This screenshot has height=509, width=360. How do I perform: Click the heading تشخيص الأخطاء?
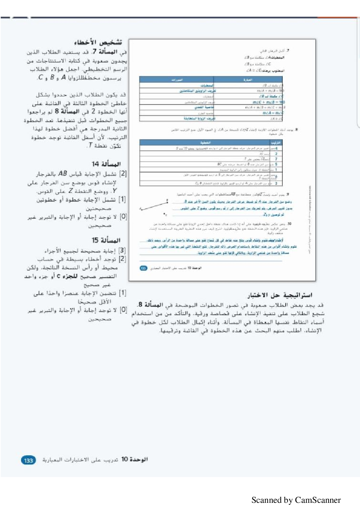(98, 42)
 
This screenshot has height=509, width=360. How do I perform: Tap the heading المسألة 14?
(106, 164)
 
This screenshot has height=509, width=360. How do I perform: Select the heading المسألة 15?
(106, 240)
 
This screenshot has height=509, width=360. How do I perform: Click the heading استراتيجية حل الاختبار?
(280, 295)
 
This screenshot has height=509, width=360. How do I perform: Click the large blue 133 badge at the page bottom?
(29, 460)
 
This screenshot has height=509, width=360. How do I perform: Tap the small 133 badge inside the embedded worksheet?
(143, 268)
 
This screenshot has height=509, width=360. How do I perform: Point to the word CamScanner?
(318, 500)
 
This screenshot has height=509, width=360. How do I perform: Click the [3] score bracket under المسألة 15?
(122, 251)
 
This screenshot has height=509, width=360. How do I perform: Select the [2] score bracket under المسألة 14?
(123, 174)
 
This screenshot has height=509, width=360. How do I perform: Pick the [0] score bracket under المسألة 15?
(123, 310)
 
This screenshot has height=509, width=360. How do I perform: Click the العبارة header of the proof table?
(248, 80)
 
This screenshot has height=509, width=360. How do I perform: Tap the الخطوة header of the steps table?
(205, 143)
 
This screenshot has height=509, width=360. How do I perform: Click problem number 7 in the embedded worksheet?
(288, 51)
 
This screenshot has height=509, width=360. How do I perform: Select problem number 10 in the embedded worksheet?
(289, 224)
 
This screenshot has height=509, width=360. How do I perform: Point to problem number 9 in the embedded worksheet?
(288, 195)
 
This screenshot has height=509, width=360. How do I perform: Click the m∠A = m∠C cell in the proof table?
(273, 113)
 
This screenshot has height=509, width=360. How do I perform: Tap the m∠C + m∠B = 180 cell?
(269, 102)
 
